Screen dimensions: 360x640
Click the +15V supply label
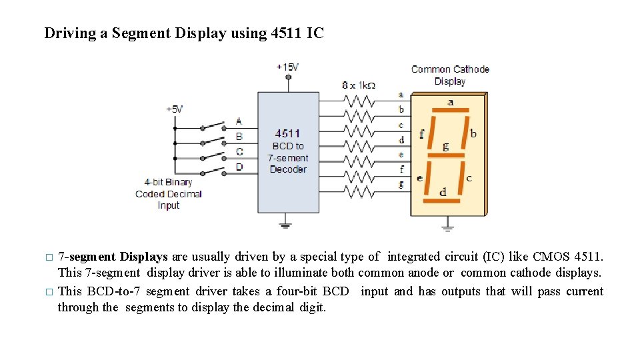(288, 67)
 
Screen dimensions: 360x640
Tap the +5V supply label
(174, 109)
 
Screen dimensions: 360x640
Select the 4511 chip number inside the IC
(287, 133)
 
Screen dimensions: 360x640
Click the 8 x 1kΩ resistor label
(359, 85)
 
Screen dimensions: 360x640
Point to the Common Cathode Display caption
(450, 75)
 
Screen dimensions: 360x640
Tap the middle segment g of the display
(445, 155)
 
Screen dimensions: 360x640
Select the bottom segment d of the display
(443, 200)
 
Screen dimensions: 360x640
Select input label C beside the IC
(239, 151)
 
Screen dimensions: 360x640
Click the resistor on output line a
(360, 101)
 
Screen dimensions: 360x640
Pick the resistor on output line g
(360, 192)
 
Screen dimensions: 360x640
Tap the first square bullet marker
(48, 257)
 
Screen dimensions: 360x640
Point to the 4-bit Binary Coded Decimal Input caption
(169, 193)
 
